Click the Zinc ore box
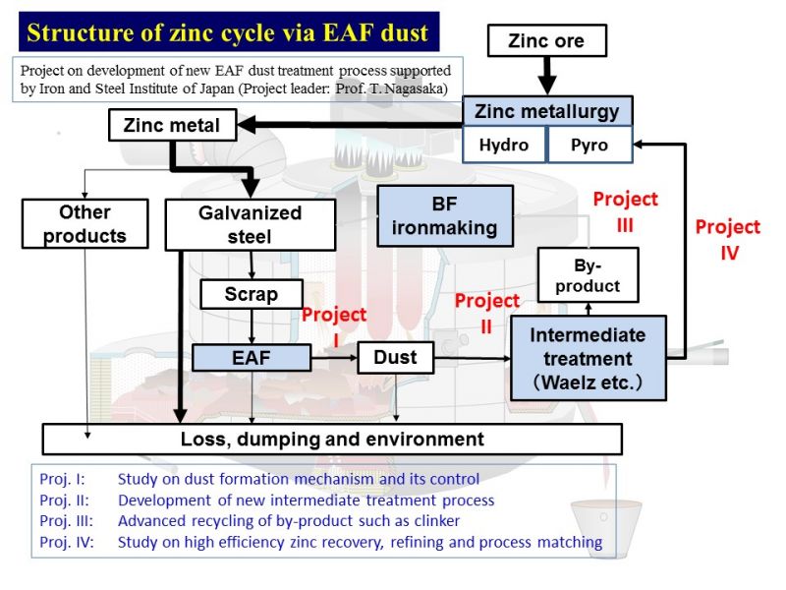[547, 40]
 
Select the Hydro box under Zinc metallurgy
[504, 145]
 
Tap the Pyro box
[589, 145]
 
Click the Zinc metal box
[172, 125]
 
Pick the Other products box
[84, 224]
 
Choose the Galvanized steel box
[251, 225]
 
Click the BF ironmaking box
[445, 216]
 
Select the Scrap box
[252, 294]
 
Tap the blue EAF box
[252, 358]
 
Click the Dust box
[395, 357]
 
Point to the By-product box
[588, 275]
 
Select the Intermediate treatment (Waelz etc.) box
[588, 358]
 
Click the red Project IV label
[728, 240]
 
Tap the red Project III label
[625, 211]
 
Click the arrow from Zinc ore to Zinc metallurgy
[547, 76]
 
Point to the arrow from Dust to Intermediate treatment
[473, 358]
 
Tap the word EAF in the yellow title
[349, 32]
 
